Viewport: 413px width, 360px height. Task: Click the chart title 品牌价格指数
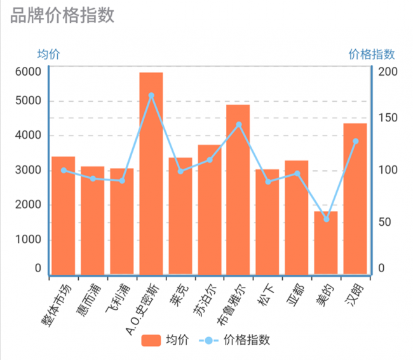click(62, 15)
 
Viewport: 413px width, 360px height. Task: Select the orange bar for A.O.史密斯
click(151, 173)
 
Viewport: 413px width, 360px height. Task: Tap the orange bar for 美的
click(326, 242)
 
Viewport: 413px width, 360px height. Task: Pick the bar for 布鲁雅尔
click(238, 189)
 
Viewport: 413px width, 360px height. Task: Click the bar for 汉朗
click(355, 198)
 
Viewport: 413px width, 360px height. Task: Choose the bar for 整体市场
click(64, 215)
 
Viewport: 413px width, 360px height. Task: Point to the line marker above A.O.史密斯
click(151, 95)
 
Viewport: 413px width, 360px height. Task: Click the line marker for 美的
click(327, 219)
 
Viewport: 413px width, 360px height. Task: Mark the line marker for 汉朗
click(355, 141)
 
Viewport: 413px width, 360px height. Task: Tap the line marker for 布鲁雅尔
click(239, 125)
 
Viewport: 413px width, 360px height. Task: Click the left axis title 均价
click(48, 55)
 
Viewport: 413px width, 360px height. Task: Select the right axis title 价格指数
click(372, 55)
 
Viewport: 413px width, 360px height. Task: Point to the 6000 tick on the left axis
click(29, 71)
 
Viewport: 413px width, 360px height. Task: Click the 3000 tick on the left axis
click(29, 170)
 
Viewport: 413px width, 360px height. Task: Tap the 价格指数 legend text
click(247, 340)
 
